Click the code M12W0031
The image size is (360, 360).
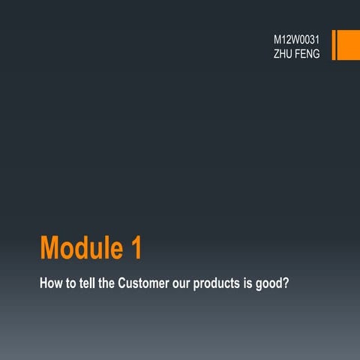click(x=298, y=37)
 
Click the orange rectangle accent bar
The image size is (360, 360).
click(x=345, y=45)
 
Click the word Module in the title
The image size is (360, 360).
click(x=79, y=247)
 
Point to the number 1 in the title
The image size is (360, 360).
click(x=135, y=247)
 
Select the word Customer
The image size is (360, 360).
click(x=147, y=286)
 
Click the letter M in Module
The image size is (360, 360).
click(x=52, y=247)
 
